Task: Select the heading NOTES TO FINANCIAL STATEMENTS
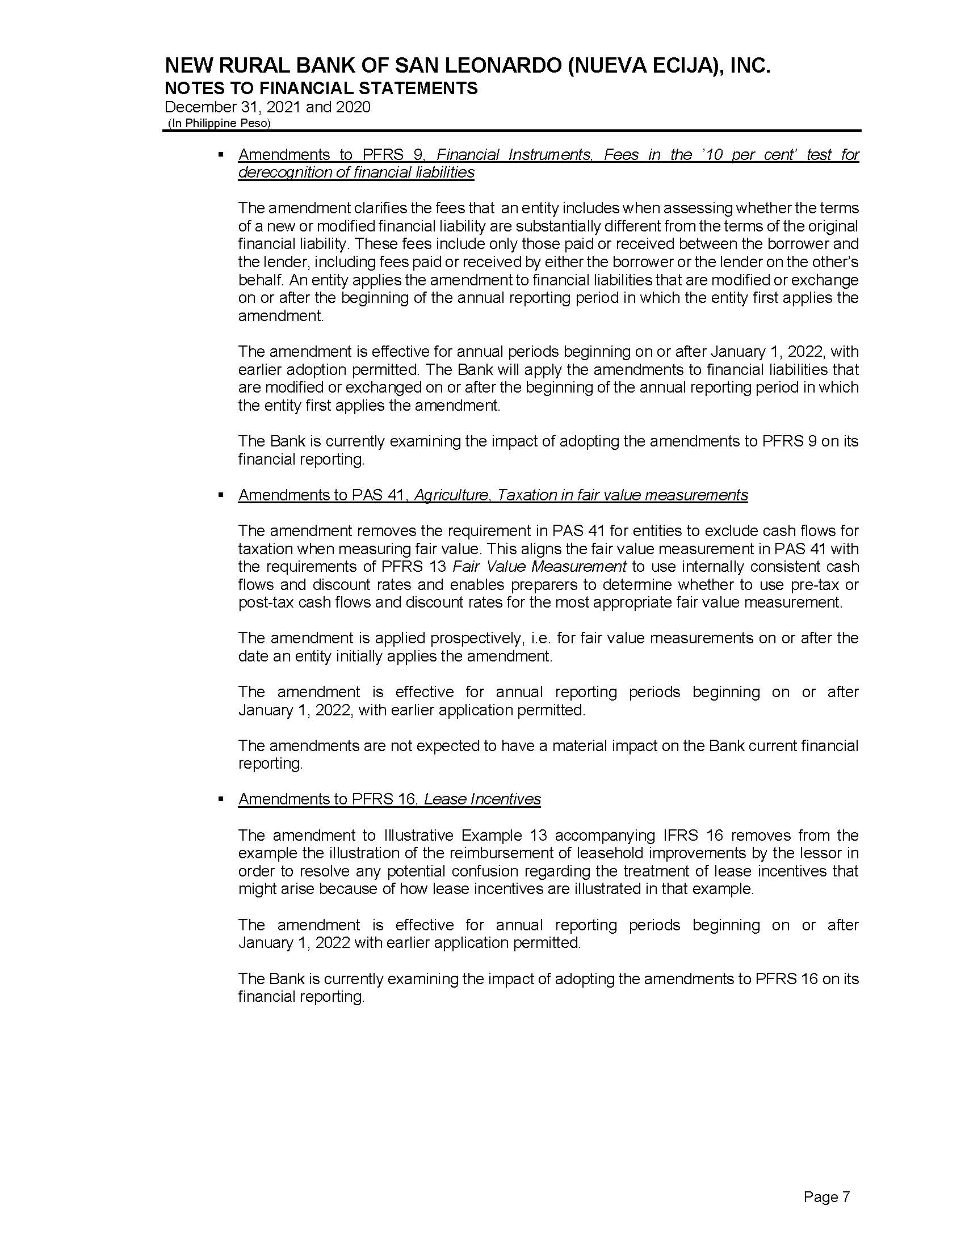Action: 321,88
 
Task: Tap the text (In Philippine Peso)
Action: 219,123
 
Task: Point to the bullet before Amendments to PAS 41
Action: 221,495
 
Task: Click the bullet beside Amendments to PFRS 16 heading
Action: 221,799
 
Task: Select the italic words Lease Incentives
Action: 482,799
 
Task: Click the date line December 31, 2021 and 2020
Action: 267,107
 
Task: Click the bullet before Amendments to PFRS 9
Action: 221,154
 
